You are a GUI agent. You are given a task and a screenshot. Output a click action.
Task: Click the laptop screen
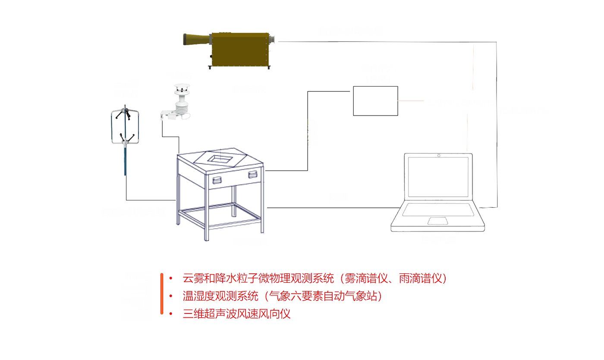[438, 177]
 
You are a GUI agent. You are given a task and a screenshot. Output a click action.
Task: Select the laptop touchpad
[437, 221]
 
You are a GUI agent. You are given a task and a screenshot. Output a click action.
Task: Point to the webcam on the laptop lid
[438, 155]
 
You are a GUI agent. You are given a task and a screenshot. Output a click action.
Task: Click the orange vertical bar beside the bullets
[161, 293]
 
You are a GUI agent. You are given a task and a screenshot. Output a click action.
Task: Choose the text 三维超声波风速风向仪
[236, 313]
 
